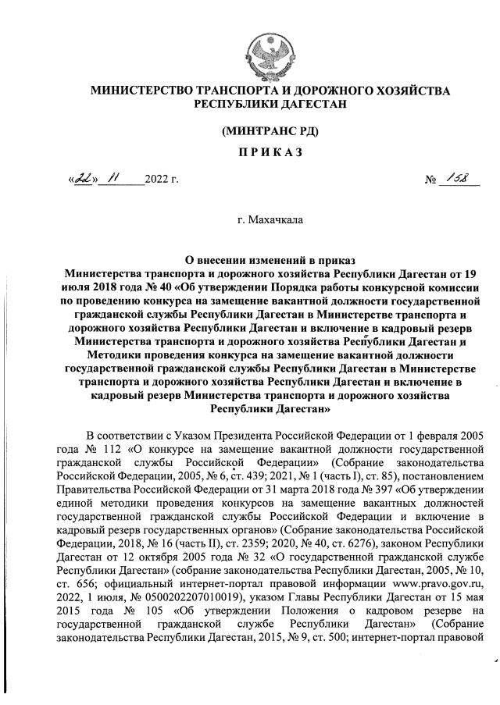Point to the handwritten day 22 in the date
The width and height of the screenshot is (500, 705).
pyautogui.click(x=81, y=179)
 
